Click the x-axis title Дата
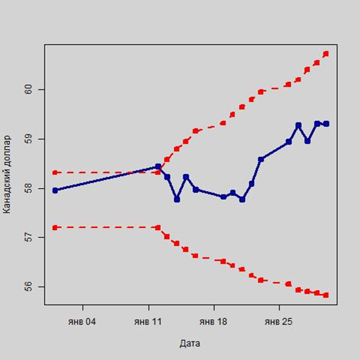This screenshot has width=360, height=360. tap(190, 343)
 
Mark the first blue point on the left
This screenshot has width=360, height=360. tap(55, 190)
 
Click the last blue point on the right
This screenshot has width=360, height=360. tap(326, 123)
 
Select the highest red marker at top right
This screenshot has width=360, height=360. tap(326, 54)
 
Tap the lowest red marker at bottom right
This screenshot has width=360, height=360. tap(326, 295)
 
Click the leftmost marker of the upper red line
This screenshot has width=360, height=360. tap(55, 172)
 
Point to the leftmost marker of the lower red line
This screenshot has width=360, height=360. tap(55, 228)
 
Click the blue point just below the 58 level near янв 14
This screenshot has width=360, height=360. tap(177, 199)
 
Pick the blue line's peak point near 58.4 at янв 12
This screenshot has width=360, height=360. tap(158, 167)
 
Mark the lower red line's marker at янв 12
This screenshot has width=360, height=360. tap(158, 228)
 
